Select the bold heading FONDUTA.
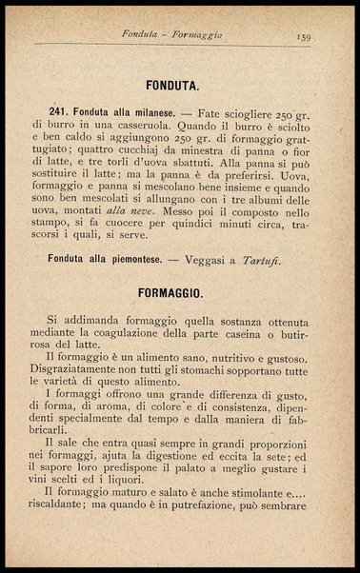click(179, 84)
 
